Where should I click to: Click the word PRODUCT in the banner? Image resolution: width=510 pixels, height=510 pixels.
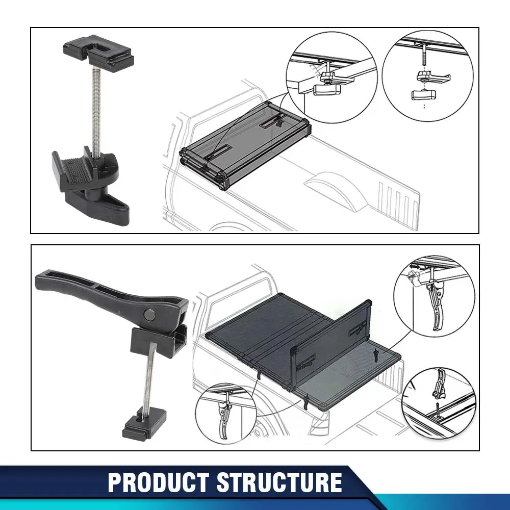tap(159, 482)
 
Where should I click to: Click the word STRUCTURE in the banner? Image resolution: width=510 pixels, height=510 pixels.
tap(279, 482)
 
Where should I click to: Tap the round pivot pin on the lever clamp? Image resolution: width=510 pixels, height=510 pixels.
tap(150, 315)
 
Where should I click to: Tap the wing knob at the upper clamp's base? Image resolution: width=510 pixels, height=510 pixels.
tap(97, 206)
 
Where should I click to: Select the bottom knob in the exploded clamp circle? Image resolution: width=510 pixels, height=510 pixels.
tap(424, 95)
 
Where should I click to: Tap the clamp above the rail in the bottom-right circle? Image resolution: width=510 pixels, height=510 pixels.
tap(439, 385)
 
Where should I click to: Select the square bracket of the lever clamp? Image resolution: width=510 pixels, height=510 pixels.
tap(159, 342)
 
